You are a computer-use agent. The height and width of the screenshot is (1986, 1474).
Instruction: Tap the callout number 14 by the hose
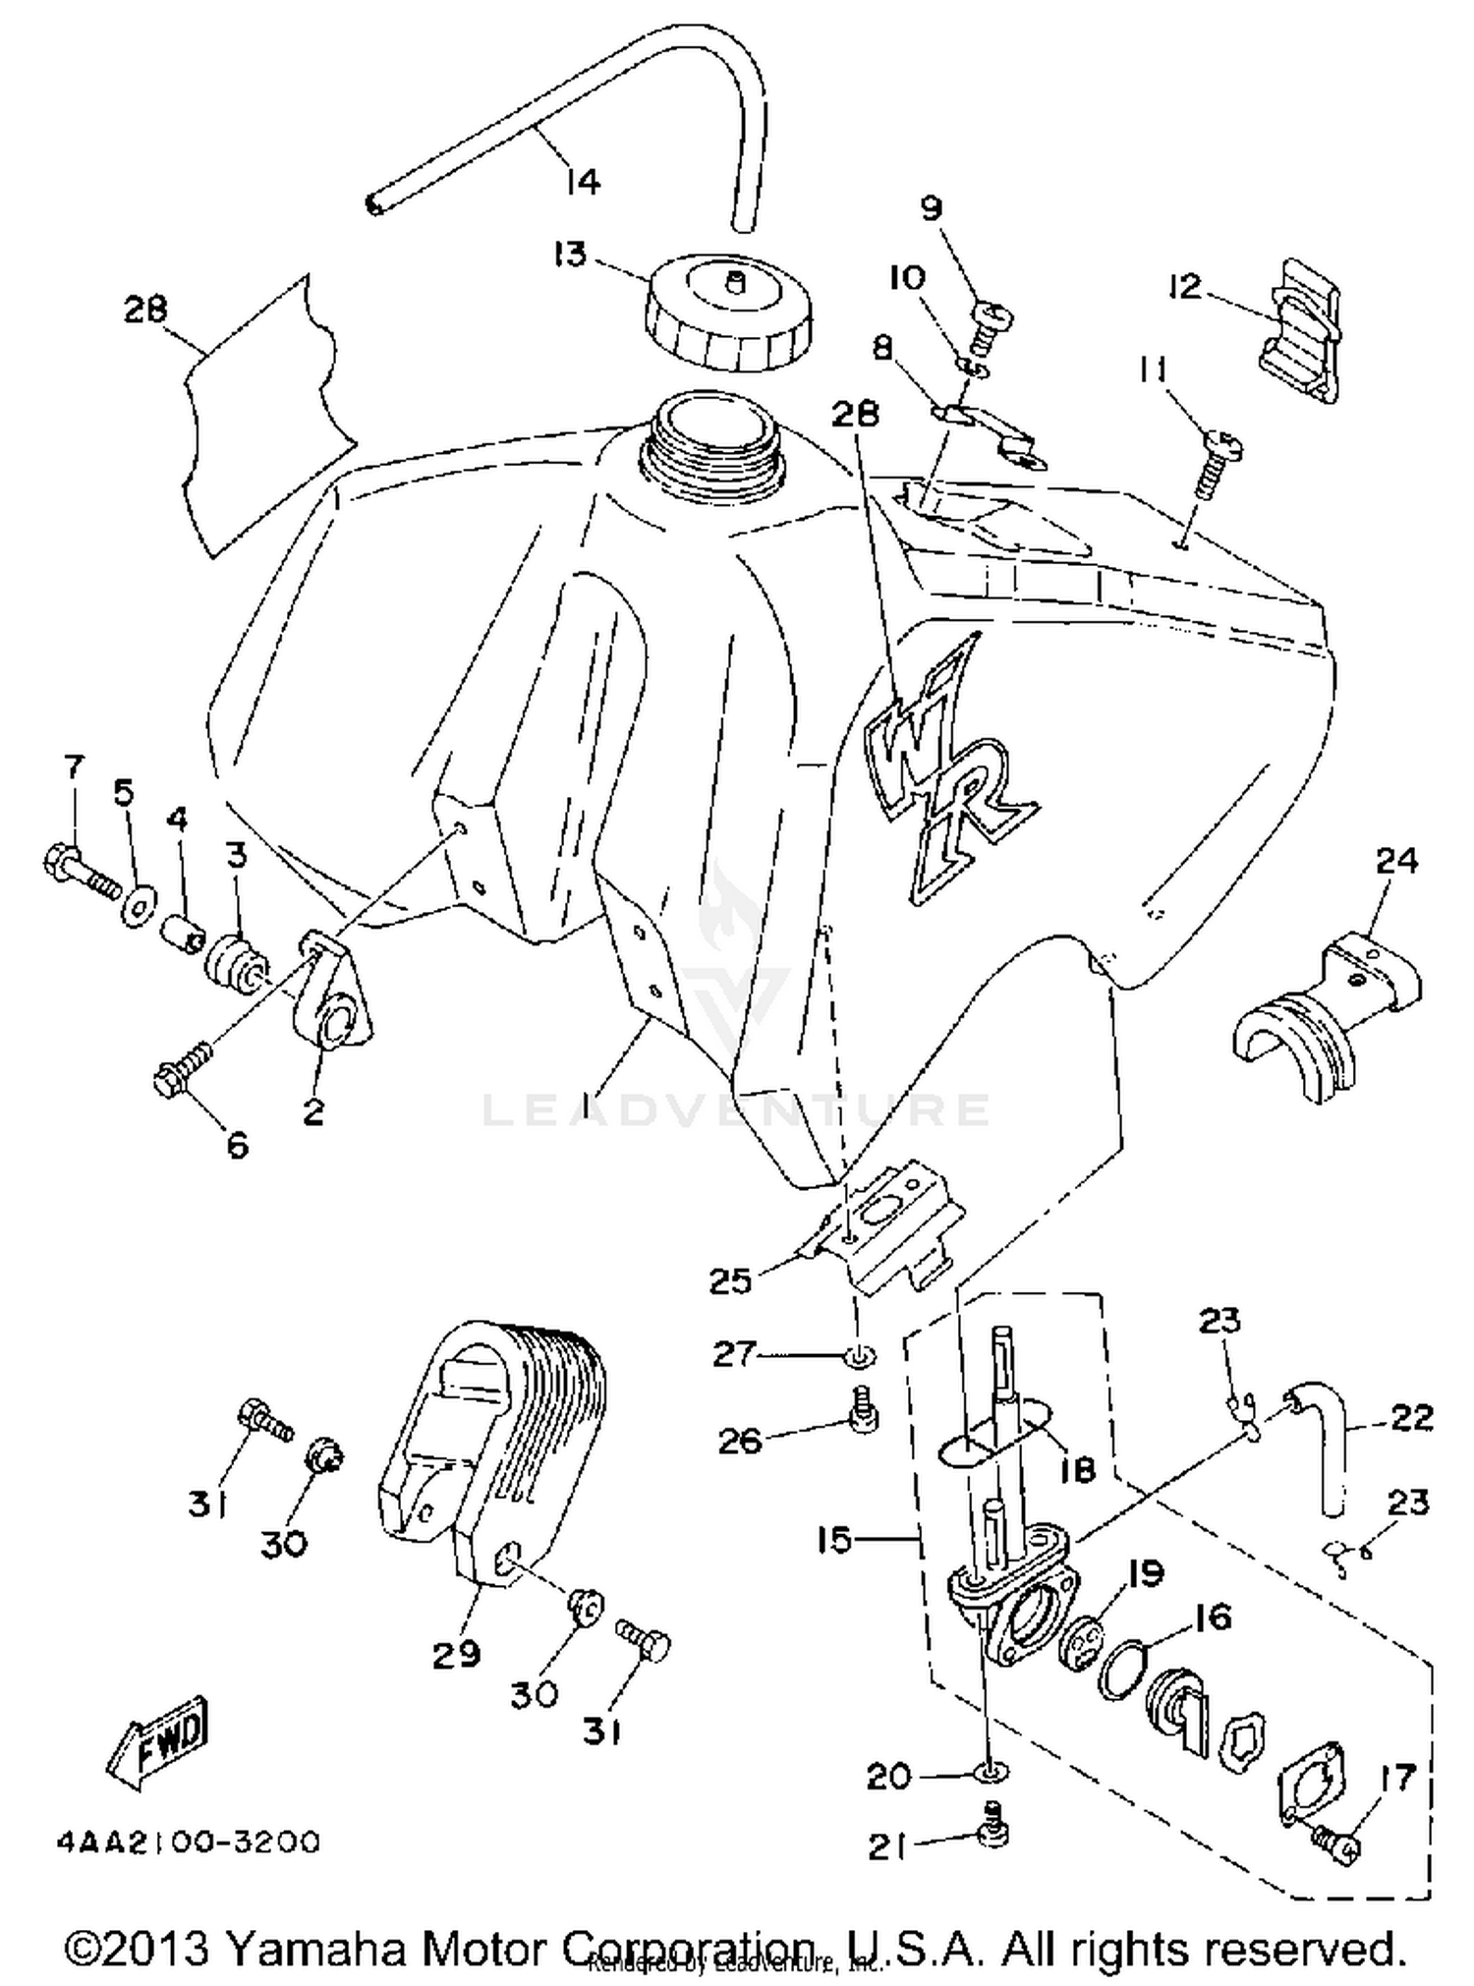pyautogui.click(x=582, y=181)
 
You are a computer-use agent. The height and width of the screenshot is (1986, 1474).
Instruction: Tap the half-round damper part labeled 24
pyautogui.click(x=1327, y=1022)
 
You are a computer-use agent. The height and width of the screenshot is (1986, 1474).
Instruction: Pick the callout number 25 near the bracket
pyautogui.click(x=730, y=1281)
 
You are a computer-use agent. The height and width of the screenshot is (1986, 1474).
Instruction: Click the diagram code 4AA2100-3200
pyautogui.click(x=187, y=1840)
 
